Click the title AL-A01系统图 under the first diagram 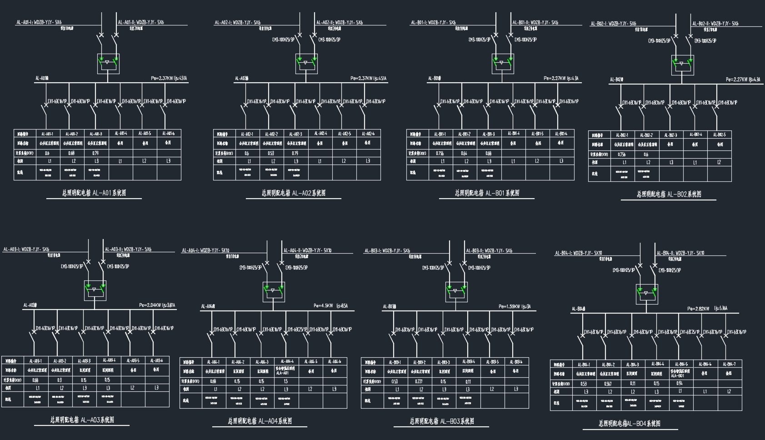pos(94,193)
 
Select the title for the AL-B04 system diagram pos(629,424)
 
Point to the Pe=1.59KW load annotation pos(515,306)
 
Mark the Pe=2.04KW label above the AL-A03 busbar pos(157,305)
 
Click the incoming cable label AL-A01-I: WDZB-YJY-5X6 pos(39,22)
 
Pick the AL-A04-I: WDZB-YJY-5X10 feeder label pos(206,250)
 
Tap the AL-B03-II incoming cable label pos(489,250)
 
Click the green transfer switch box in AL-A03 pos(95,290)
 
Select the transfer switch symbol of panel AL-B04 pos(646,293)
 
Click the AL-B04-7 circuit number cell pos(729,364)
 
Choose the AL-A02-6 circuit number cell pos(368,134)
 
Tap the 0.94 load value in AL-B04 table pos(680,384)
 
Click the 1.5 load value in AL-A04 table pos(285,381)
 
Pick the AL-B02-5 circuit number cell pos(719,135)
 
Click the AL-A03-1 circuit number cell pos(35,361)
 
